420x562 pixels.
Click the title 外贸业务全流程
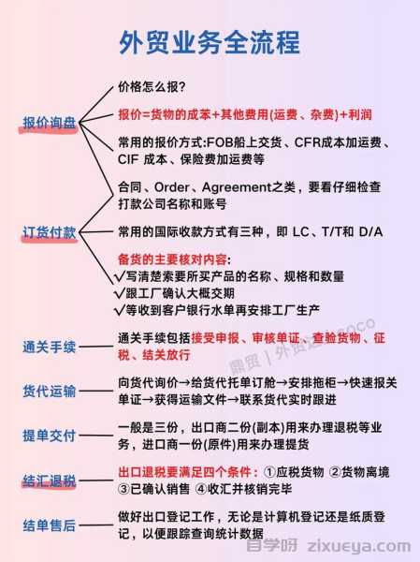[x=210, y=43]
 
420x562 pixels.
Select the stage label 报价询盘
[x=50, y=123]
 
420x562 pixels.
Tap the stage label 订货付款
[x=50, y=232]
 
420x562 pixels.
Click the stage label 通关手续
[x=50, y=347]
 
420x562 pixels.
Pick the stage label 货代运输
[x=50, y=391]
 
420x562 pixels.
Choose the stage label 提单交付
[x=50, y=436]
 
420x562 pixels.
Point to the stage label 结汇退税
[x=50, y=481]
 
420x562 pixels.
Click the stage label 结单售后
[x=50, y=525]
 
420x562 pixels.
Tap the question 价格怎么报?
[x=152, y=87]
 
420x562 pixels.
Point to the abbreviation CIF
[x=128, y=159]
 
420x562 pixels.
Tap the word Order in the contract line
[x=171, y=187]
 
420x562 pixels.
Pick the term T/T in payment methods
[x=333, y=232]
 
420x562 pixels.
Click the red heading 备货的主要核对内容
[x=172, y=259]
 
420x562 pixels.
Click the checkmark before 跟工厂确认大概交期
[x=119, y=293]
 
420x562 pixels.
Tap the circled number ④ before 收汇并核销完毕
[x=202, y=489]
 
